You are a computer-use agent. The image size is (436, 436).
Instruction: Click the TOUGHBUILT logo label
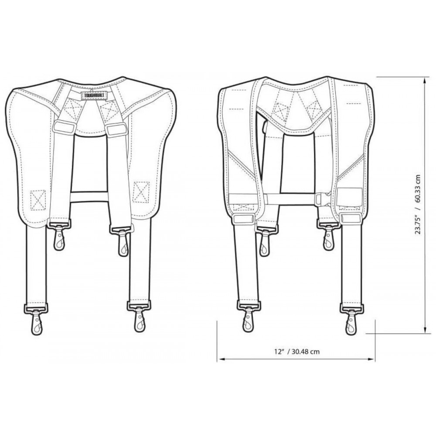(x=94, y=95)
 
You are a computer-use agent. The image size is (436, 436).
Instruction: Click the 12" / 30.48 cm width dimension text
(x=297, y=351)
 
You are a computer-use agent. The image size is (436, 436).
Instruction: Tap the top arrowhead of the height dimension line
(x=425, y=80)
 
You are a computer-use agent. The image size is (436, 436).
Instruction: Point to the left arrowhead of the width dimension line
(x=221, y=359)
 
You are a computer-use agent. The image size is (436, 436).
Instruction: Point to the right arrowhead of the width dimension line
(x=372, y=359)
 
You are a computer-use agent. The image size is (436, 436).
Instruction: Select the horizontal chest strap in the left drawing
(x=89, y=196)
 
